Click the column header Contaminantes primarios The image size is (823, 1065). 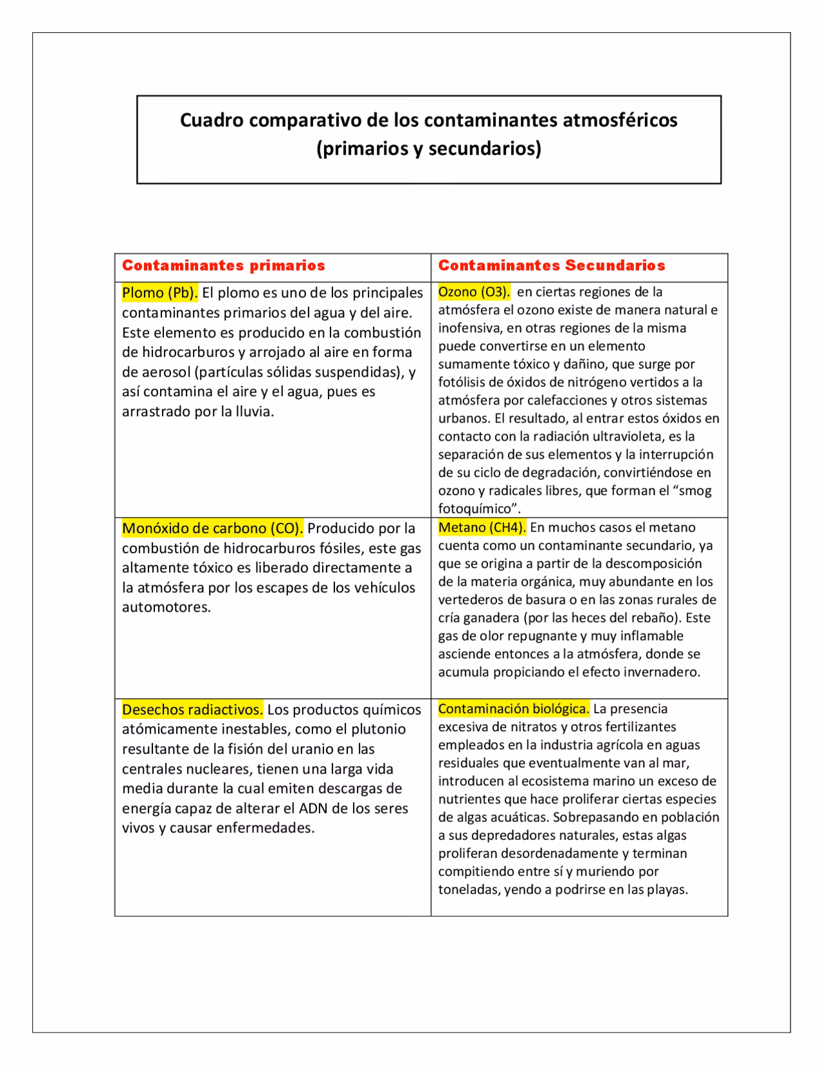coord(223,266)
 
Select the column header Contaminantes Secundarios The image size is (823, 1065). coord(552,266)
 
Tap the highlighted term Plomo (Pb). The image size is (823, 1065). coord(159,293)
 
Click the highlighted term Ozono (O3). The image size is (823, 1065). coord(474,292)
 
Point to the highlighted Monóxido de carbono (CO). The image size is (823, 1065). coord(212,529)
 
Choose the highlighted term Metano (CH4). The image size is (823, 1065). coord(482,527)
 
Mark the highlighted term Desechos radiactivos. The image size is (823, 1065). coord(192,710)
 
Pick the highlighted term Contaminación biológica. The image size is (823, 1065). coord(514,709)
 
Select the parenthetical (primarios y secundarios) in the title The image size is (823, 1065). coord(429,149)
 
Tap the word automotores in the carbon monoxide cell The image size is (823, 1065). coord(165,607)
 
